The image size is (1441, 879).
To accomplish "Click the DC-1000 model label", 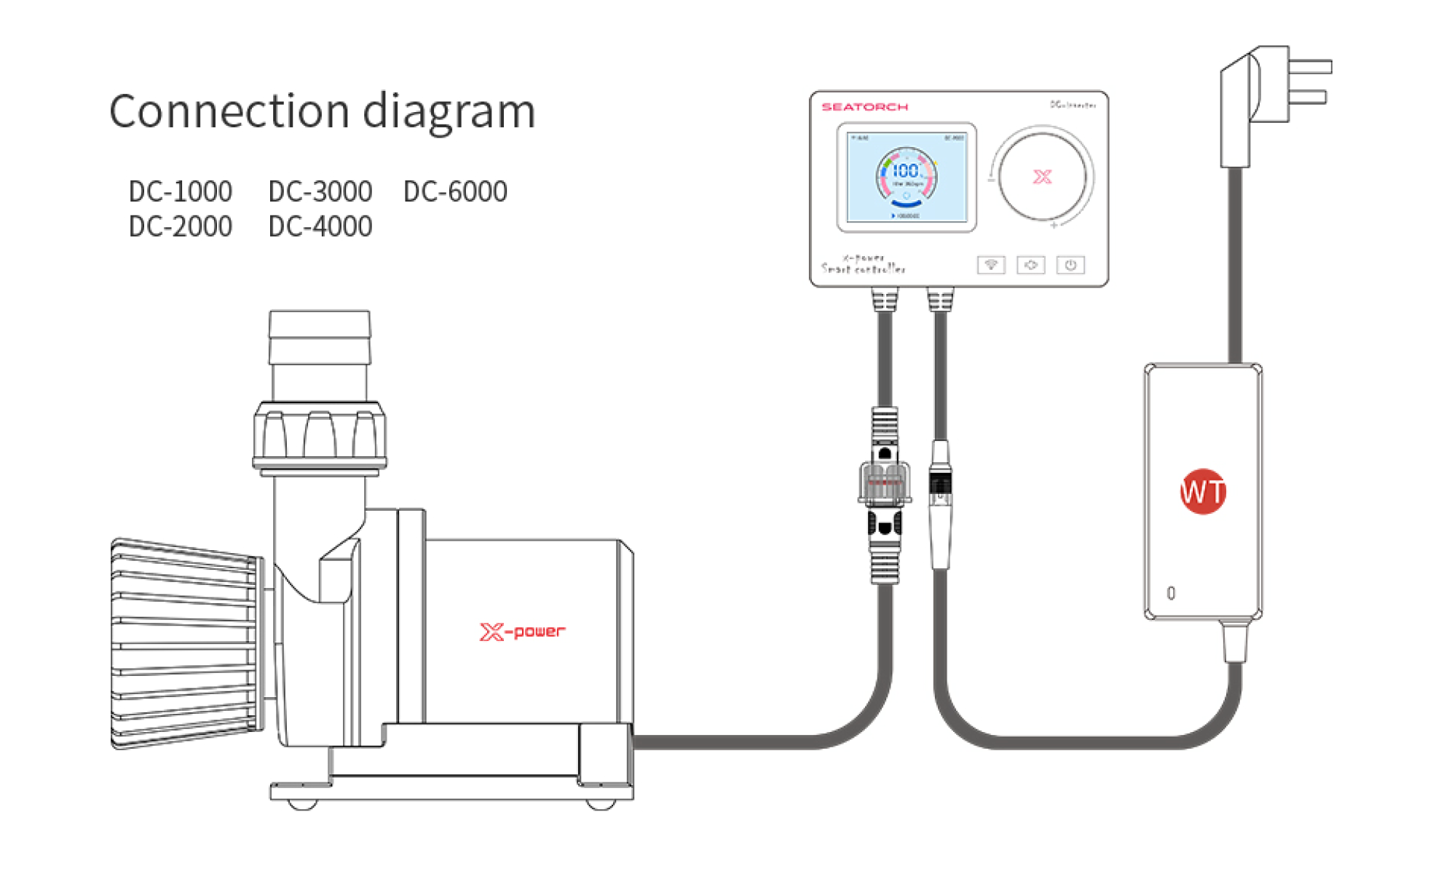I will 180,191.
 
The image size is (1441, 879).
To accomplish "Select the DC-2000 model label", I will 180,226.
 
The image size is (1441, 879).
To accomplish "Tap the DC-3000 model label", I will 320,191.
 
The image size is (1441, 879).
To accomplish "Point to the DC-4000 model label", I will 320,226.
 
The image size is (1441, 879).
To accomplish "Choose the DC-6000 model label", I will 455,191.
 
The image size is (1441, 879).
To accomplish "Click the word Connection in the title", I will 229,111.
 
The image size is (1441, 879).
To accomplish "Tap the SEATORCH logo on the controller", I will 864,107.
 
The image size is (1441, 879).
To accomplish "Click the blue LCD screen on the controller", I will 907,177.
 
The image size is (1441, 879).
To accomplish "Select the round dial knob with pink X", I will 1042,176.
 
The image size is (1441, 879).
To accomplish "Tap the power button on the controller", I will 1070,265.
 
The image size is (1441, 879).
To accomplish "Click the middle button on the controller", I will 1030,265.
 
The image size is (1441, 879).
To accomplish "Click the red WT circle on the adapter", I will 1202,491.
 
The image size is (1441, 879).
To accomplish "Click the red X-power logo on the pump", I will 522,632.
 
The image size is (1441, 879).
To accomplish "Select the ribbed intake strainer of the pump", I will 186,644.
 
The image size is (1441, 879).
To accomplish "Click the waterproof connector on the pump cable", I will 884,495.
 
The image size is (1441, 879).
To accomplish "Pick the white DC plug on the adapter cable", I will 940,502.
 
